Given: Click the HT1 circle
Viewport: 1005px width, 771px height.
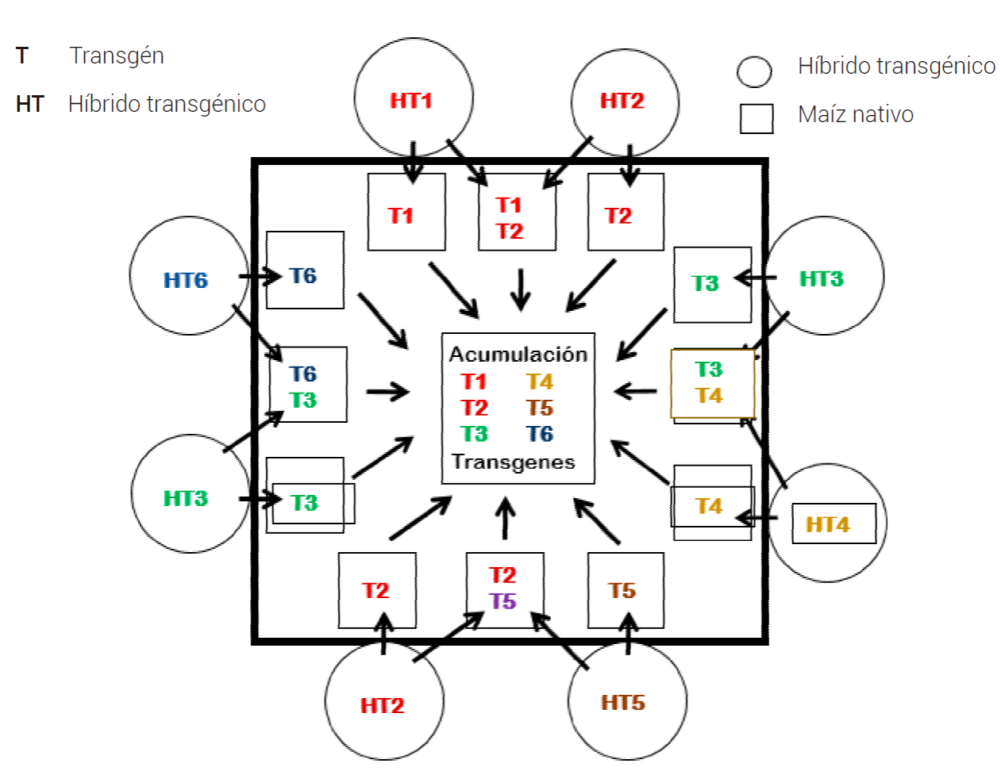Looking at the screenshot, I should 413,98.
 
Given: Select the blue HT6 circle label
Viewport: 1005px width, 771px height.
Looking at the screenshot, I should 186,280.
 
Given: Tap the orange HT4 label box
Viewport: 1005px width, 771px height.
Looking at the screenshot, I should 833,524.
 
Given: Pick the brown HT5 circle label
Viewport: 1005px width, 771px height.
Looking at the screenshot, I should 623,703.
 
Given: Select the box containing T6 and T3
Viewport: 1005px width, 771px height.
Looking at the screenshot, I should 307,385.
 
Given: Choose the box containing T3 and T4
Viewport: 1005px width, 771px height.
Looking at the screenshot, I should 712,383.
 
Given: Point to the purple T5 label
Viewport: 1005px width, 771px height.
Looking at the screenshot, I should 502,601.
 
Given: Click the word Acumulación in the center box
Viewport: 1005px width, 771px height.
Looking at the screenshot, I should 518,354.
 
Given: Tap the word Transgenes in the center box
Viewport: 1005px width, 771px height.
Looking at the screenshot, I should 514,462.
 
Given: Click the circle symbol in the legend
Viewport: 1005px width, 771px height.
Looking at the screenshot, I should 753,71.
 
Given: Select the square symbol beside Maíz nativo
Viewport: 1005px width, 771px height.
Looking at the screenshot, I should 756,118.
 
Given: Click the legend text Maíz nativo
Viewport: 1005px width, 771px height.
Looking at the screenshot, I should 855,115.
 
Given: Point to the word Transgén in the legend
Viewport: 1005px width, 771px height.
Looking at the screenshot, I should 117,56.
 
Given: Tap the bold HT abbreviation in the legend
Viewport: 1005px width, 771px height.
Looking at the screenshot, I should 29,104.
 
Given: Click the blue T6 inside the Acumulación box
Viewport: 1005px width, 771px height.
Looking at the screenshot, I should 540,434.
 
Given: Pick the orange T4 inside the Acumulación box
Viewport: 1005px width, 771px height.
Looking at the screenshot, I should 540,382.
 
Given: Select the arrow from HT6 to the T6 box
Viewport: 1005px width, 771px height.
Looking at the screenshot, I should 260,277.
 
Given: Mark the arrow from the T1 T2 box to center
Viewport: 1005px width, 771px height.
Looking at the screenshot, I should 521,290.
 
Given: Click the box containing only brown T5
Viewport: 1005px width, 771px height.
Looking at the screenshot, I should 625,590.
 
